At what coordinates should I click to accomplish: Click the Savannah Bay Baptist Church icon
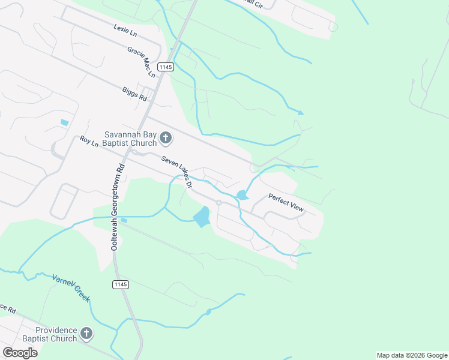[166, 139]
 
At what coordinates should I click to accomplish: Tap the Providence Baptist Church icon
[86, 334]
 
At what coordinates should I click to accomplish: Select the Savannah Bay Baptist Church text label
[129, 139]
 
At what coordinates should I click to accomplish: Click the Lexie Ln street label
[125, 28]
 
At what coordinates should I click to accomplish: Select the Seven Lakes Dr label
[176, 172]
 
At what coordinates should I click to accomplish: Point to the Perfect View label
[286, 202]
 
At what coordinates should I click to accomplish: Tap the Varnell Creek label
[71, 289]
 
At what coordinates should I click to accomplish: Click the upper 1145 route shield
[166, 67]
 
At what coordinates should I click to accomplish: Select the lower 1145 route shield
[120, 284]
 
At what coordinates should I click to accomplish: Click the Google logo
[20, 353]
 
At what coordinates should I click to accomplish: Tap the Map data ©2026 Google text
[412, 355]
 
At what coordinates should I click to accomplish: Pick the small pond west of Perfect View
[242, 195]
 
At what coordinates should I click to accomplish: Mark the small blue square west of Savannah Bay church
[64, 122]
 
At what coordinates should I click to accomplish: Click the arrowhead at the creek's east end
[301, 112]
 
